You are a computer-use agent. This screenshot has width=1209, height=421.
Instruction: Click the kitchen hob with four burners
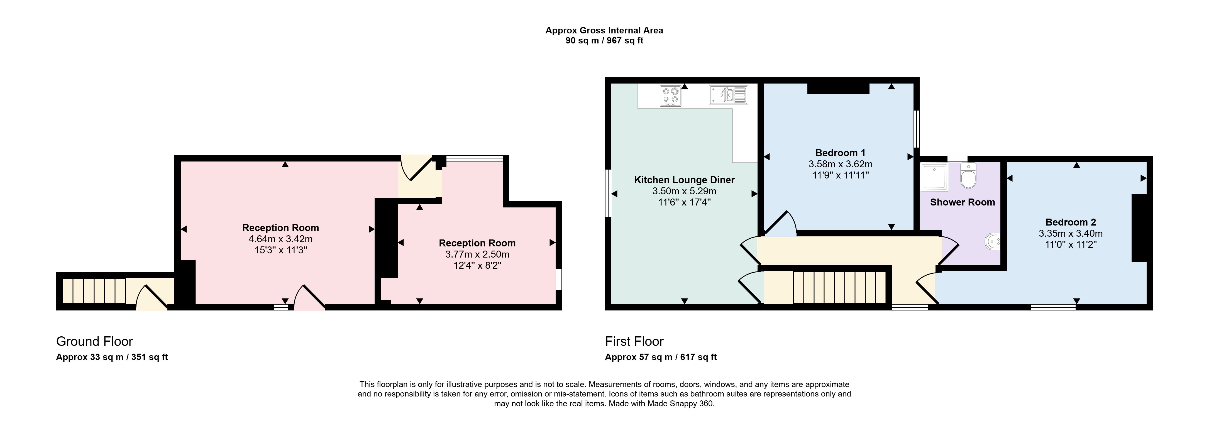670,96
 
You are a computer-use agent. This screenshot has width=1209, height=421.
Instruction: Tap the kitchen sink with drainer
728,95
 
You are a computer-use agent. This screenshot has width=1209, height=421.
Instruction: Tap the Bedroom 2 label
1071,222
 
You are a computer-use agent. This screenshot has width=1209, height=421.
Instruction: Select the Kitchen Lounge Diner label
684,180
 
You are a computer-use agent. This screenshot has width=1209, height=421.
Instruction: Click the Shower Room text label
963,202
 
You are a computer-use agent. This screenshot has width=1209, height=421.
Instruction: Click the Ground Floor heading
94,341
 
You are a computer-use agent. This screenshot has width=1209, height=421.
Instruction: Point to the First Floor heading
634,341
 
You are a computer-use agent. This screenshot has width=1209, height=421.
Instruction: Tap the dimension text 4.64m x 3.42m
281,239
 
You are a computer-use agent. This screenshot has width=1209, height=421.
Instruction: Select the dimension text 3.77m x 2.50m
477,254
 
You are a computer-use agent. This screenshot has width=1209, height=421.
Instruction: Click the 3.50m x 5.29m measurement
684,191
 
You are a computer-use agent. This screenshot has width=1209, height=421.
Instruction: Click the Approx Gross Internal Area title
604,31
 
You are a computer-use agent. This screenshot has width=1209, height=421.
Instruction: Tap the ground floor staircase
94,291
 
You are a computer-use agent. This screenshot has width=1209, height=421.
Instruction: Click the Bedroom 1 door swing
780,223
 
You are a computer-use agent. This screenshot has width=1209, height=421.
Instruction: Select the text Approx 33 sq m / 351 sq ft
112,357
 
